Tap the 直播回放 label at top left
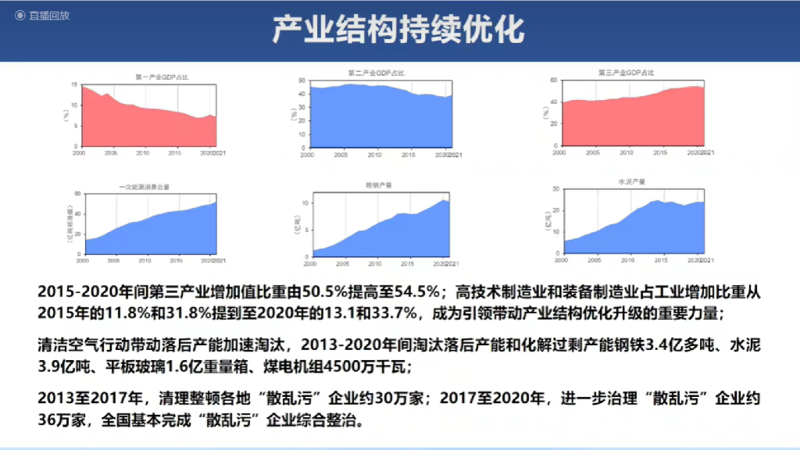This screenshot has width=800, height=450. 48,15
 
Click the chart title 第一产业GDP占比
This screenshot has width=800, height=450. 159,77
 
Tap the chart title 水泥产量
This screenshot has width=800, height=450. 631,182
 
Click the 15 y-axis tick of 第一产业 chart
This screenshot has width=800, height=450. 74,85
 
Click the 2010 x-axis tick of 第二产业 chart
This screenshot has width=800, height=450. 374,155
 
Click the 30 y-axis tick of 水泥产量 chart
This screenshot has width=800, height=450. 557,190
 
